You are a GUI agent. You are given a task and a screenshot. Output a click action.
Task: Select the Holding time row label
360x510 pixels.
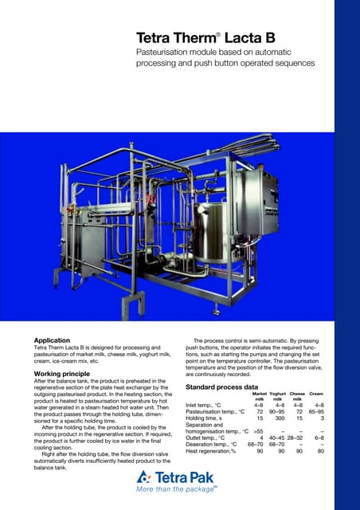pyautogui.click(x=208, y=418)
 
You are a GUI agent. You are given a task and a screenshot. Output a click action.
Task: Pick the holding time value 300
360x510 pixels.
pyautogui.click(x=280, y=418)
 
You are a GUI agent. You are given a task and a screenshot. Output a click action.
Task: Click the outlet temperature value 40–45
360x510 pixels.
pyautogui.click(x=276, y=437)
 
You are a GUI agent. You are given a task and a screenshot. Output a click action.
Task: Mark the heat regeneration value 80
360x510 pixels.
pyautogui.click(x=319, y=451)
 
